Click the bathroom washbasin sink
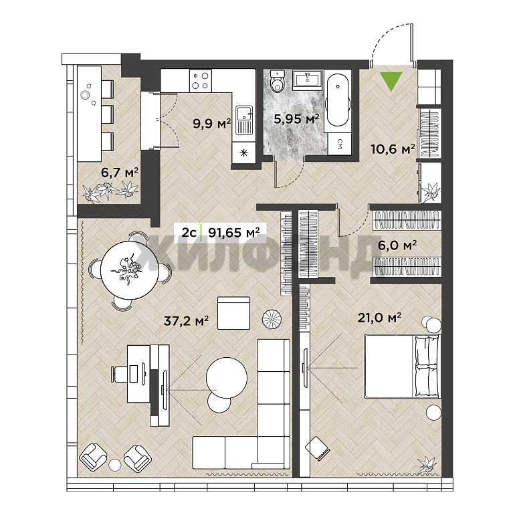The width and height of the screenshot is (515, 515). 308,79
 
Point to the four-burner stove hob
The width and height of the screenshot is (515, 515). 201,81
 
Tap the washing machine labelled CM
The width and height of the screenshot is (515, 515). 339,144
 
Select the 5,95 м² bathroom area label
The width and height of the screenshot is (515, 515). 296,118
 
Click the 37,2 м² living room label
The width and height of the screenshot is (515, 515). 186,320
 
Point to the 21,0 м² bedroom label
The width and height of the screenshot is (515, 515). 379,317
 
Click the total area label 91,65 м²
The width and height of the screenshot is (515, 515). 234,233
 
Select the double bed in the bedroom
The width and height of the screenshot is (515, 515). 402,367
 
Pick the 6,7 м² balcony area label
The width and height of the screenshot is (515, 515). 120,173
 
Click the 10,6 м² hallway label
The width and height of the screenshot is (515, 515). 393,149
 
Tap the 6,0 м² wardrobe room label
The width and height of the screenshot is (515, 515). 397,245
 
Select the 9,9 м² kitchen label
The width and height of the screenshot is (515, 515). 212,124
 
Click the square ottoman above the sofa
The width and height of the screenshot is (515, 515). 234,313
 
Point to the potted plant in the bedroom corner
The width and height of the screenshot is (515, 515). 427,465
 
